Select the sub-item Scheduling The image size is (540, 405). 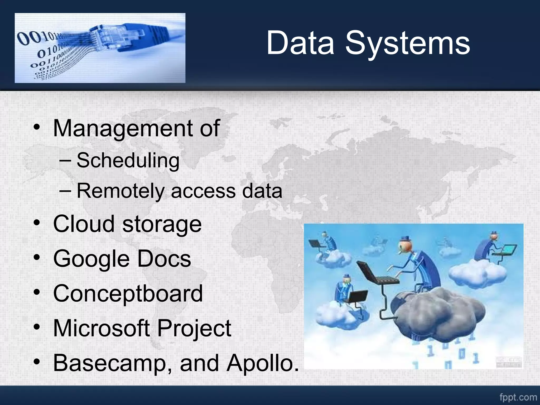pos(128,161)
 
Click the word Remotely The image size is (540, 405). pos(120,191)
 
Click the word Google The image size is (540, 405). pos(91,259)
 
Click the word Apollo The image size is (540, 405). pos(263,363)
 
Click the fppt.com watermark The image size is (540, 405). pos(518,397)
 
